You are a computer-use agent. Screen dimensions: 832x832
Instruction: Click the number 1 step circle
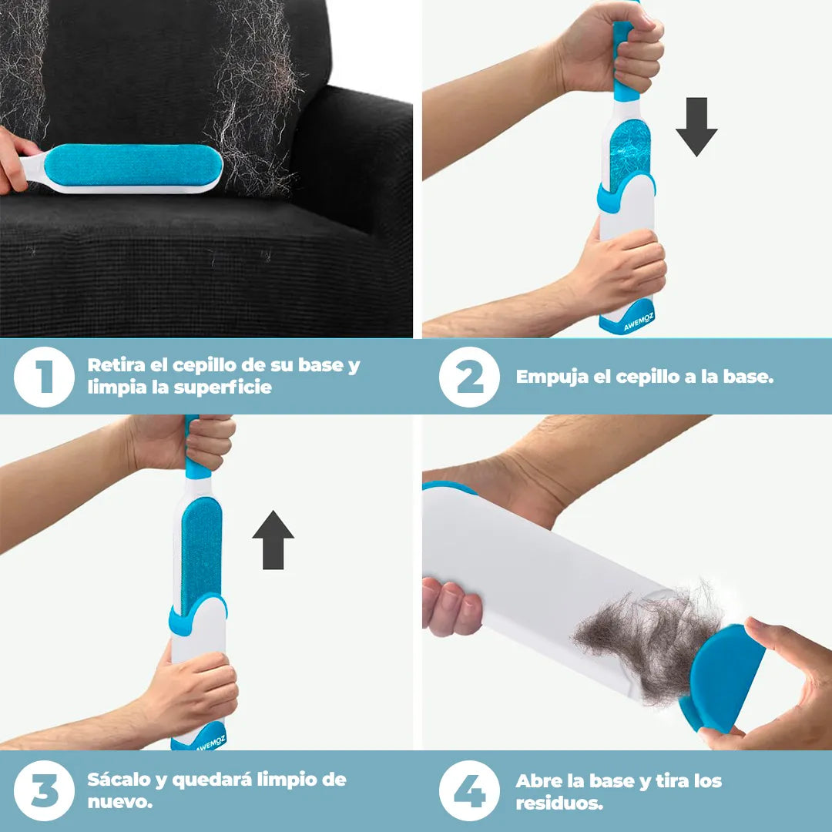44,377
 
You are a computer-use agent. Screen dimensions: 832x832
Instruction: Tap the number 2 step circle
470,377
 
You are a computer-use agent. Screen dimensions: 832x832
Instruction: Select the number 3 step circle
44,790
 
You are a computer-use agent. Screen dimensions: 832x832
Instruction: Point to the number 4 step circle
470,790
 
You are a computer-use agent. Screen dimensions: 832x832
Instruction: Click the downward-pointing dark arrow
696,126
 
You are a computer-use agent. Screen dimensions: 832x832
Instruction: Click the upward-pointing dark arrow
273,540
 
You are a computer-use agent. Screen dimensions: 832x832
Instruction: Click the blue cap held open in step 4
723,676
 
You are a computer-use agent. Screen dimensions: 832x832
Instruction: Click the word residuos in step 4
559,803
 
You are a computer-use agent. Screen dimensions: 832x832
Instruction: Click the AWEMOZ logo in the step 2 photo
639,321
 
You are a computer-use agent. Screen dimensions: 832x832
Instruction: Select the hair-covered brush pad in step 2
630,154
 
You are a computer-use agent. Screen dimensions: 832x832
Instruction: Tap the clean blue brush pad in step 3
201,555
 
